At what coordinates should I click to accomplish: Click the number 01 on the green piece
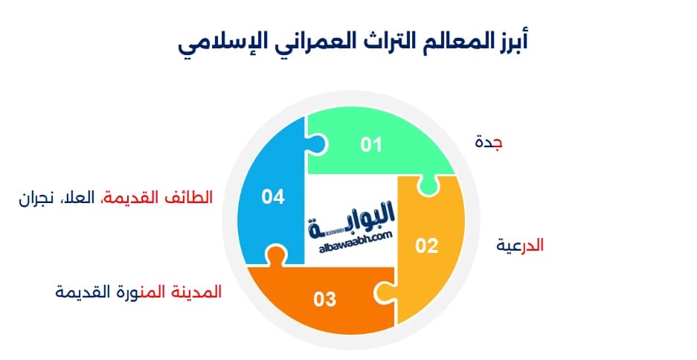370,144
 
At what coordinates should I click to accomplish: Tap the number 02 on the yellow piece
426,246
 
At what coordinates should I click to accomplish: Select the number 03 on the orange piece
325,300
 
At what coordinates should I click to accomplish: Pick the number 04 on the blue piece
273,197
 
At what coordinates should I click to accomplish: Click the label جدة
488,142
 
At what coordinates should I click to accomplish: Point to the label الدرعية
521,245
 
